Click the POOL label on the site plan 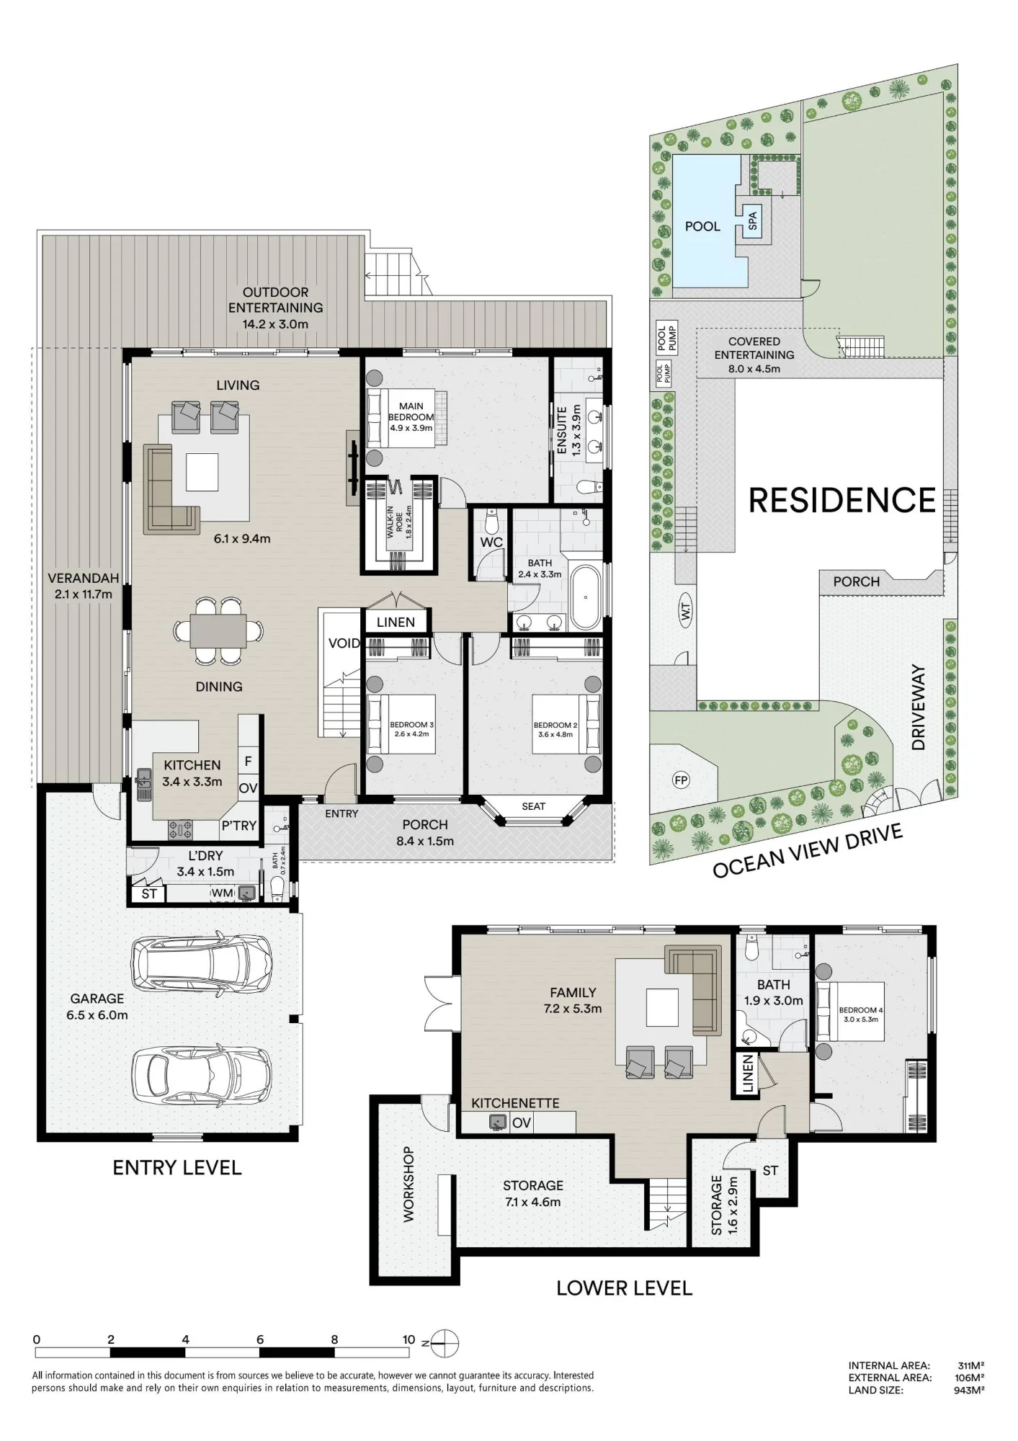click(x=702, y=226)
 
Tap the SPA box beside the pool click(x=753, y=220)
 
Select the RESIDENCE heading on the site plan click(x=842, y=500)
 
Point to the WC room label click(x=491, y=543)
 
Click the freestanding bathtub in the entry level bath click(x=585, y=597)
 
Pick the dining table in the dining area click(x=218, y=631)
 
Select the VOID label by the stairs click(x=344, y=643)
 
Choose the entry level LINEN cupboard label click(x=396, y=622)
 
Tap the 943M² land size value click(x=969, y=1390)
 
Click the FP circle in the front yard click(x=680, y=780)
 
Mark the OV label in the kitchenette click(x=522, y=1123)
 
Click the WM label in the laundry click(x=222, y=893)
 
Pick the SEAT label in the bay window click(x=533, y=806)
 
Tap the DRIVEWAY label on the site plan click(x=918, y=708)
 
